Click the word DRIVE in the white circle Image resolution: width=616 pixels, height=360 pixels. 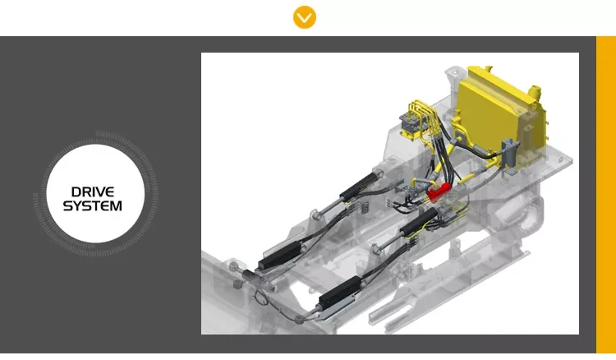(93, 192)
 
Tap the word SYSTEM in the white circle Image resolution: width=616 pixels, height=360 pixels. (93, 205)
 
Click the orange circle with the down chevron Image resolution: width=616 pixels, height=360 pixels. (305, 17)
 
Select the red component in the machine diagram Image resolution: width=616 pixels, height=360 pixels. (439, 192)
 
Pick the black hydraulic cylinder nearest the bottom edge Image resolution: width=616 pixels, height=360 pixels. (340, 293)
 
